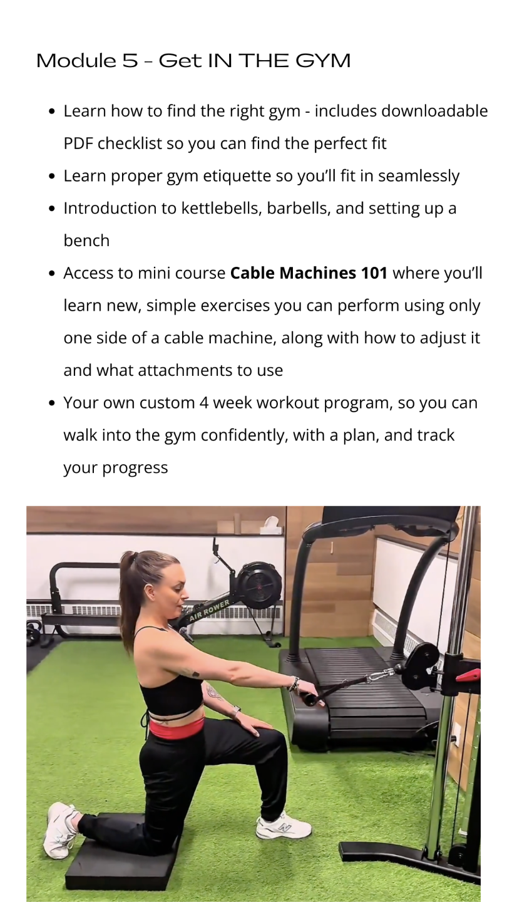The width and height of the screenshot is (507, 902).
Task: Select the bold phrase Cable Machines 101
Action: (309, 273)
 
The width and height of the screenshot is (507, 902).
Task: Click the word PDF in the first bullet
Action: (78, 143)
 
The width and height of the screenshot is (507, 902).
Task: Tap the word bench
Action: (86, 241)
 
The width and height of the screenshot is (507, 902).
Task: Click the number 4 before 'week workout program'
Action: (204, 403)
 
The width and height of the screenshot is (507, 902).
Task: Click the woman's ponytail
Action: (128, 596)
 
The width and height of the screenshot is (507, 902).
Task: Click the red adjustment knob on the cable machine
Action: (468, 674)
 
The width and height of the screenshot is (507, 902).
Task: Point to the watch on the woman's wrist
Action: (235, 711)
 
